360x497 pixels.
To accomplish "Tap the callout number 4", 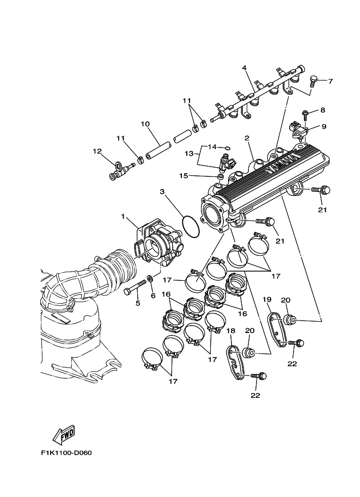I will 245,68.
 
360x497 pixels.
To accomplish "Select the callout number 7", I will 330,81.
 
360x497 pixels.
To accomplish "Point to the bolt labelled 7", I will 313,82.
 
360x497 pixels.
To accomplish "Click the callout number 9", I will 324,126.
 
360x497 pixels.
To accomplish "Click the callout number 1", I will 123,216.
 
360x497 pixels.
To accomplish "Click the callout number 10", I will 145,124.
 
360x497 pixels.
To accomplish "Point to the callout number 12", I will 97,151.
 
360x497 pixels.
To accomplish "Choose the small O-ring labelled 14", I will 227,147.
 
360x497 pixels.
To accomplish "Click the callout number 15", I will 184,175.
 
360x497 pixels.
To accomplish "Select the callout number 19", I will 267,299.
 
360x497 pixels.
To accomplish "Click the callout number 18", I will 230,330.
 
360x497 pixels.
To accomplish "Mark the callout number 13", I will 188,154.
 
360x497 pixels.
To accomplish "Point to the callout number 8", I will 322,110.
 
